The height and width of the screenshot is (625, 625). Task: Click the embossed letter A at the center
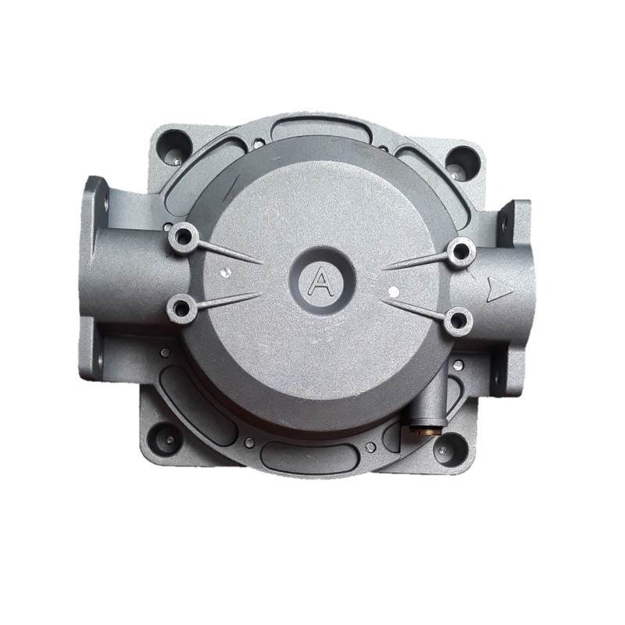point(321,281)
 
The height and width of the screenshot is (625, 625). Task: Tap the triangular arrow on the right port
point(498,289)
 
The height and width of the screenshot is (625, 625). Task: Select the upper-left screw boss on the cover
point(184,237)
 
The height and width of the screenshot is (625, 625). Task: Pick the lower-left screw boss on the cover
point(182,308)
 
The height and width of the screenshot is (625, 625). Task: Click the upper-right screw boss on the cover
point(462,251)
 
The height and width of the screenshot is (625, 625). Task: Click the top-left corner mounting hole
point(174,147)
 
